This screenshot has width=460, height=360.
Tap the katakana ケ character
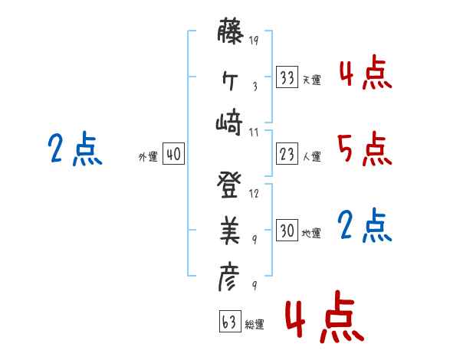(x=230, y=79)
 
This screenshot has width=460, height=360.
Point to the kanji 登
(x=230, y=185)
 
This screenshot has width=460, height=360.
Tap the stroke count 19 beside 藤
(x=255, y=41)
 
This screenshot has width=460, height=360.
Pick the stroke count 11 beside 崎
(x=255, y=132)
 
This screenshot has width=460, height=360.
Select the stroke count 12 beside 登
(x=255, y=193)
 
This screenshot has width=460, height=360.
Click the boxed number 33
(x=287, y=77)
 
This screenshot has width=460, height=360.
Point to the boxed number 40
(x=172, y=155)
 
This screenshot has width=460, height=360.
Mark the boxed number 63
(x=228, y=322)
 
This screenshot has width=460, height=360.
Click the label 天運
(x=311, y=80)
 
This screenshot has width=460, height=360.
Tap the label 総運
(x=254, y=324)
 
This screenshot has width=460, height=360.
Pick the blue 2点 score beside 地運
(x=364, y=226)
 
